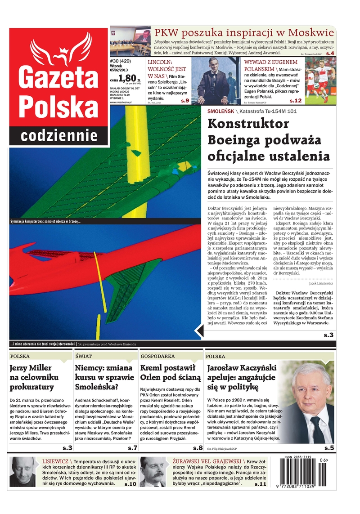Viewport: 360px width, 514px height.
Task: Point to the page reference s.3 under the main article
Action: pos(328,335)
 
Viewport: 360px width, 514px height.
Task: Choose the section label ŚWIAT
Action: pos(83,356)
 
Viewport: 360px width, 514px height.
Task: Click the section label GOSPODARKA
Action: pos(157,356)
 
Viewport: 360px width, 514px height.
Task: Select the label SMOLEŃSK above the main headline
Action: pos(220,111)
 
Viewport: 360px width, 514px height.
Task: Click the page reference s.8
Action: pos(198,448)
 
